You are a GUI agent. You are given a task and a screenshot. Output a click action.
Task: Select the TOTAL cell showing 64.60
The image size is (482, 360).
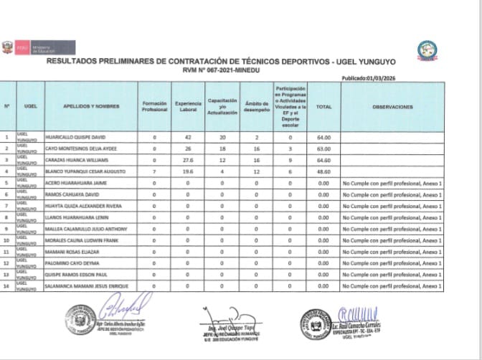[x=323, y=160]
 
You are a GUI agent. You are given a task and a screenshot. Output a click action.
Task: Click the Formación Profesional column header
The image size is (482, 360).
[x=154, y=107]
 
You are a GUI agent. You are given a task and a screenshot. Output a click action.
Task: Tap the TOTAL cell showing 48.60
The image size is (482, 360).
[x=323, y=171]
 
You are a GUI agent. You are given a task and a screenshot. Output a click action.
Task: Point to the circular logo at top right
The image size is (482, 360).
[x=428, y=50]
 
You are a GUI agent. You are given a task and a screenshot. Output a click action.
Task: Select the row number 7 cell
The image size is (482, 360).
[x=6, y=206]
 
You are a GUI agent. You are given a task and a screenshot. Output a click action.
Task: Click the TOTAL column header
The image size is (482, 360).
[x=323, y=107]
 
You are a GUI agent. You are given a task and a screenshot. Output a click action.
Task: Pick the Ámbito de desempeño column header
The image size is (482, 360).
[x=256, y=107]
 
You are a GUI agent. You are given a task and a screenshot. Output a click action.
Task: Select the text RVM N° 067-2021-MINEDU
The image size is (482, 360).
[x=219, y=70]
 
